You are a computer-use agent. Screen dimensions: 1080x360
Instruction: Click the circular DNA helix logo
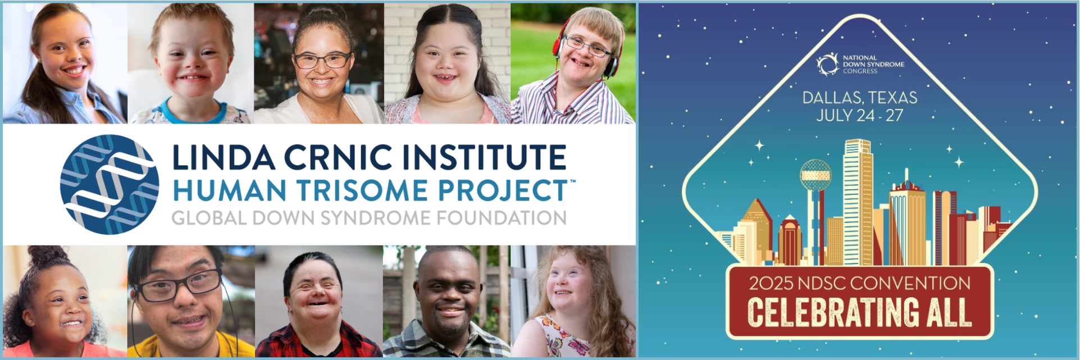point(110,184)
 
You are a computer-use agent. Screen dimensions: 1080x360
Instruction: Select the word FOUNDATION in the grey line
point(502,218)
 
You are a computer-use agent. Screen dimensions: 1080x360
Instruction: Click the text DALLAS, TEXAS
point(859,98)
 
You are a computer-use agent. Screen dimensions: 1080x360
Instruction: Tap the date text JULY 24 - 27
point(859,116)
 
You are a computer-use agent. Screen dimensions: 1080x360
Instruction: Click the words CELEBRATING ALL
point(859,312)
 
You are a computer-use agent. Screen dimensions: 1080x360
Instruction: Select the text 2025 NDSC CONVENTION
point(859,283)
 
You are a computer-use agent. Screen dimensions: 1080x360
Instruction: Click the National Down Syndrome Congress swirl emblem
point(827,64)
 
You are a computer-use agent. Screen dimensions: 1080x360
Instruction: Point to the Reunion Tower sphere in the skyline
point(815,175)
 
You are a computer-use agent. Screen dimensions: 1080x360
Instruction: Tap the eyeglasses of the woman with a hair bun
point(322,60)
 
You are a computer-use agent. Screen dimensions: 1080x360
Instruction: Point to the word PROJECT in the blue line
point(503,190)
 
